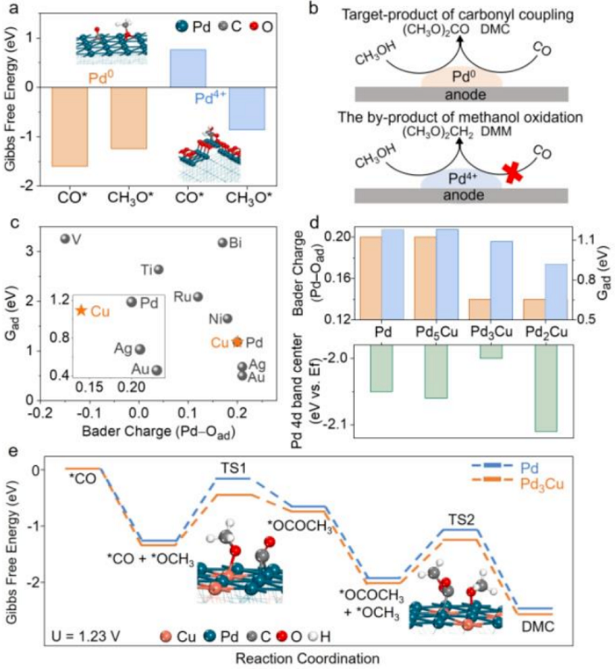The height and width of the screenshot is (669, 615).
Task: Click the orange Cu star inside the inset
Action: click(x=82, y=310)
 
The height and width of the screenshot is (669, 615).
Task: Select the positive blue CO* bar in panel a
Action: click(x=188, y=69)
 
